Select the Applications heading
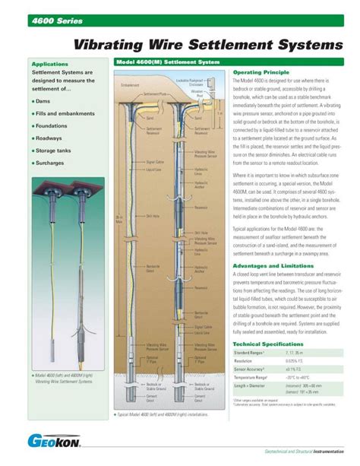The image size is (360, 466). pos(50,65)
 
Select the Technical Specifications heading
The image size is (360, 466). pos(272,344)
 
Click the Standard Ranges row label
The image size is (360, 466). pos(251,354)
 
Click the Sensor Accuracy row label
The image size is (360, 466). pos(251,369)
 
